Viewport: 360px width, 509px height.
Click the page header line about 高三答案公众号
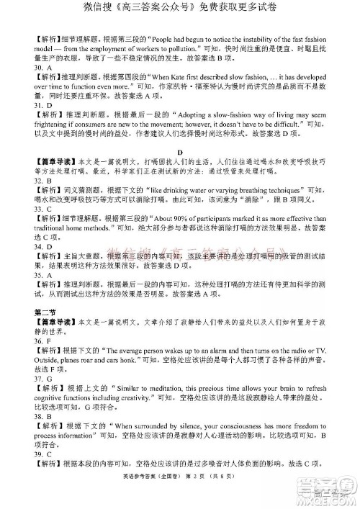180,10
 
